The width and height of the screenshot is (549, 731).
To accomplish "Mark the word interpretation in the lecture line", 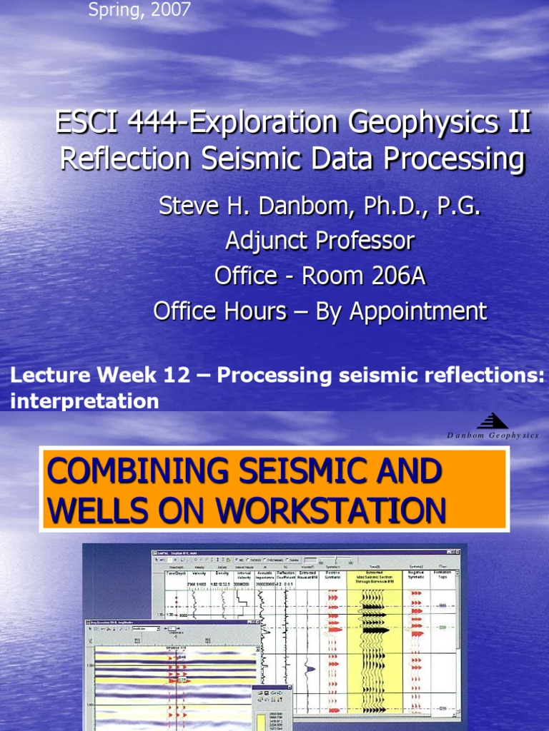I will point(84,401).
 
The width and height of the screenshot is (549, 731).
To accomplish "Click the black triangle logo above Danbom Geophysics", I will point(493,421).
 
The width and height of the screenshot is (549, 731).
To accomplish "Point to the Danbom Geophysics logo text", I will point(493,435).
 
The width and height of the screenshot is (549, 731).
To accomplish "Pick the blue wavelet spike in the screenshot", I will point(310,668).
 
